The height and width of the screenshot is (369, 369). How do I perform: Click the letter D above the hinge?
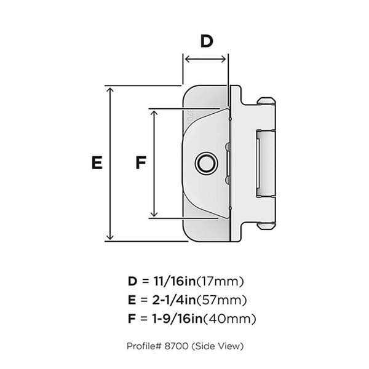coord(206,41)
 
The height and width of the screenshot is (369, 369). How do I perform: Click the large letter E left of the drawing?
coord(96,163)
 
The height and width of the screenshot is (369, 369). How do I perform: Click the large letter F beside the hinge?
coord(140,163)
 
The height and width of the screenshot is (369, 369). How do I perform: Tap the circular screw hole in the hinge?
coord(205,164)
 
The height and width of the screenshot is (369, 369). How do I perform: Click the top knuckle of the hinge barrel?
coord(266,105)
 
